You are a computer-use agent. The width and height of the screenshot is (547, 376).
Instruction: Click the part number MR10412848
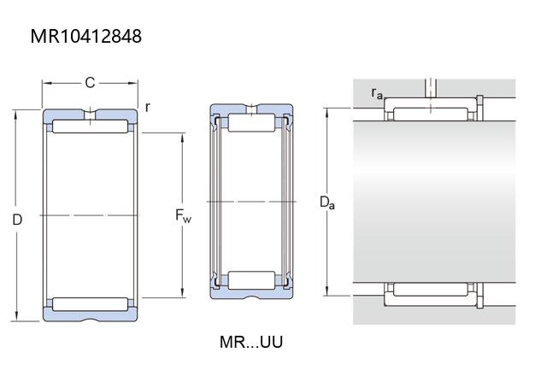click(x=86, y=36)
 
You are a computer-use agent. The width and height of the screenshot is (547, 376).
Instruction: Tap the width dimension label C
click(x=90, y=83)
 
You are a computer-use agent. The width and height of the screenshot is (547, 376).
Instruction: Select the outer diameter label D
click(x=17, y=220)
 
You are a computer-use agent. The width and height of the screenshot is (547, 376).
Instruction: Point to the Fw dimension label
click(x=183, y=215)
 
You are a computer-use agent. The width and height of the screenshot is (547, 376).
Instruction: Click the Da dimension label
click(x=326, y=203)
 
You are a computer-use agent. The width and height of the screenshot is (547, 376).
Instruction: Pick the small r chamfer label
click(x=148, y=107)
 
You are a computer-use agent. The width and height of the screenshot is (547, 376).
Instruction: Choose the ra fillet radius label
click(x=377, y=93)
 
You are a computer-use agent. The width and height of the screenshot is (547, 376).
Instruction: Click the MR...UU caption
click(x=251, y=342)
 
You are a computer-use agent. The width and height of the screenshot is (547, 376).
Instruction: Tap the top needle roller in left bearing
click(x=90, y=126)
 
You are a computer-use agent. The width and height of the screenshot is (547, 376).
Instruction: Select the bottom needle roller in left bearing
click(x=90, y=304)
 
